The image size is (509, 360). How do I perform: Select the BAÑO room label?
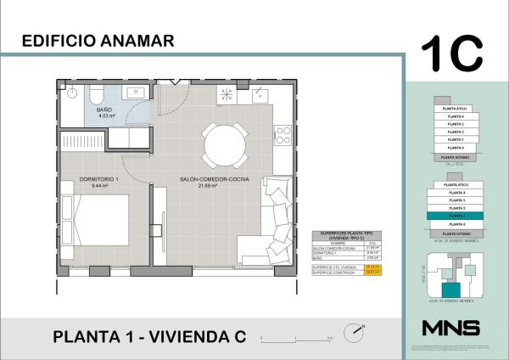coord(103,110)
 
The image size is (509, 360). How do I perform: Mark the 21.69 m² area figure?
coord(209,188)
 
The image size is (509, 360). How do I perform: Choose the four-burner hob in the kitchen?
coord(282,135)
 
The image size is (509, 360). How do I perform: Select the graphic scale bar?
coord(295,337)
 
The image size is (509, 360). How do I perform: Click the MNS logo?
coord(450,328)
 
